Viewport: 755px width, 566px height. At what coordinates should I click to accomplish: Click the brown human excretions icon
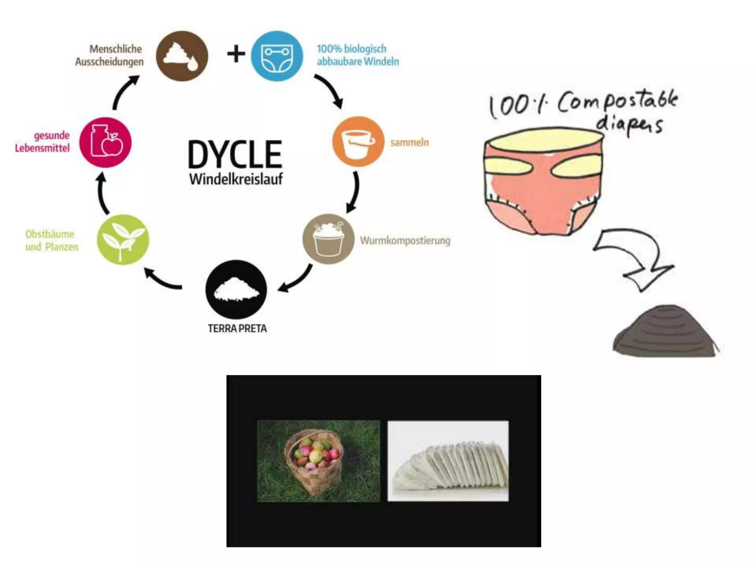(182, 56)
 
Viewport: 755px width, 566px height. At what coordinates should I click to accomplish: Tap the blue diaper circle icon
(277, 56)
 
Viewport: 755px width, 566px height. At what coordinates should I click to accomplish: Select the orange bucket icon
(358, 142)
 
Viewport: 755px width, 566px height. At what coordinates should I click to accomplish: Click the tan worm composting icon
(328, 239)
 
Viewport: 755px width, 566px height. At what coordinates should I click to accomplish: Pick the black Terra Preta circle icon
(236, 289)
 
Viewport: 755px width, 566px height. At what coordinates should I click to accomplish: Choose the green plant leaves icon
(123, 240)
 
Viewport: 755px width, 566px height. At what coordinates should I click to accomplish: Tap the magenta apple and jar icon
(105, 142)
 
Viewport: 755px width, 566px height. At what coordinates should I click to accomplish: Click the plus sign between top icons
(236, 54)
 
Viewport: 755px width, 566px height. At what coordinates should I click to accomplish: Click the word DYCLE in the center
(235, 155)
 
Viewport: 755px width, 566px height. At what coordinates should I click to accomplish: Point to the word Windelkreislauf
(236, 179)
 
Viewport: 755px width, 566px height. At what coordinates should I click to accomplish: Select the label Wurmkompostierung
(405, 241)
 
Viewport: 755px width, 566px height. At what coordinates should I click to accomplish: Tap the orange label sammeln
(410, 142)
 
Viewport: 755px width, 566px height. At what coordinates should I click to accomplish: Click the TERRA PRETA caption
(237, 328)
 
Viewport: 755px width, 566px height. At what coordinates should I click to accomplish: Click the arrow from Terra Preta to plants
(162, 280)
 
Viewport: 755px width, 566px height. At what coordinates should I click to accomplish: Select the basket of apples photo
(319, 461)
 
